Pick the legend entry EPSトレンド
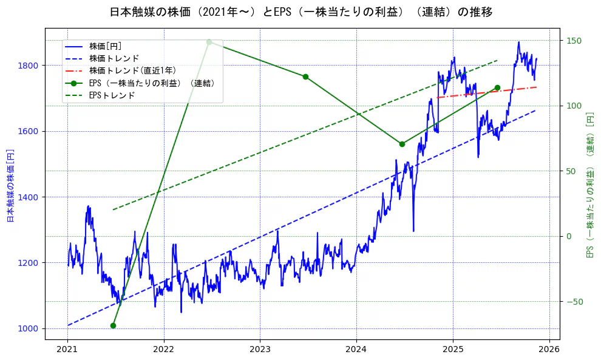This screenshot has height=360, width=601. point(112,95)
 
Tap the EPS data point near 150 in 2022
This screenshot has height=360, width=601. point(209,42)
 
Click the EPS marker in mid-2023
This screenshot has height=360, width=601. point(305,76)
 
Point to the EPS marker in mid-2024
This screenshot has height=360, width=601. point(402,144)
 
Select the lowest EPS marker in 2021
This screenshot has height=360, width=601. point(113,325)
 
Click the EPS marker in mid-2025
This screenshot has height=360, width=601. point(497,87)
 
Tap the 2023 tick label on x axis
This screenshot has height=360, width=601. point(260,349)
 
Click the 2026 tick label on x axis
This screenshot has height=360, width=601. point(549,349)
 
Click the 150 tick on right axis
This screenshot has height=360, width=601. point(574,41)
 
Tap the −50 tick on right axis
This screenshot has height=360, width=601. point(574,302)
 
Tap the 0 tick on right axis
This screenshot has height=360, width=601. point(569,236)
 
